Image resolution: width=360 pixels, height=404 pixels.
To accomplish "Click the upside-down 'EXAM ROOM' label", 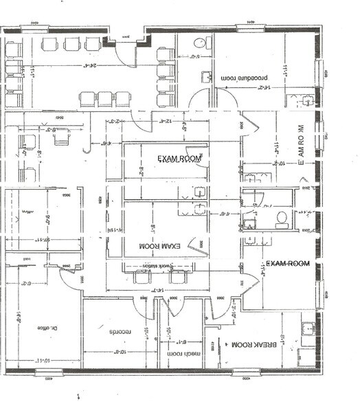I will (x=159, y=245).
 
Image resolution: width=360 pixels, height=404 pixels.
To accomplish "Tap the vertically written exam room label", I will (x=300, y=146).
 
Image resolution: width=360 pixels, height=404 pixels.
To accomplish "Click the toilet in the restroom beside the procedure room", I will (x=199, y=43).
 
